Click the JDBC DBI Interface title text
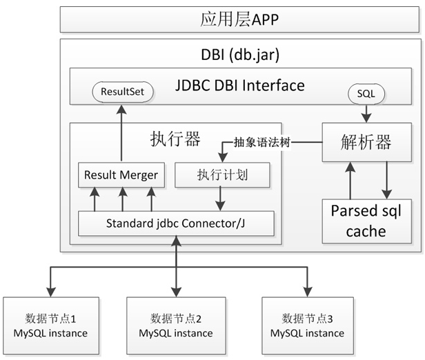[x=240, y=86]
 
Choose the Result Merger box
[x=121, y=175]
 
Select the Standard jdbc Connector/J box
[x=177, y=223]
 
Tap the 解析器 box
[x=366, y=143]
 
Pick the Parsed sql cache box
[x=366, y=220]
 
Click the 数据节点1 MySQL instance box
[x=50, y=326]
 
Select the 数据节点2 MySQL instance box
[x=175, y=326]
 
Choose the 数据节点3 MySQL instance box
[x=307, y=326]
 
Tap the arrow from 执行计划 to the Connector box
[x=220, y=199]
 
